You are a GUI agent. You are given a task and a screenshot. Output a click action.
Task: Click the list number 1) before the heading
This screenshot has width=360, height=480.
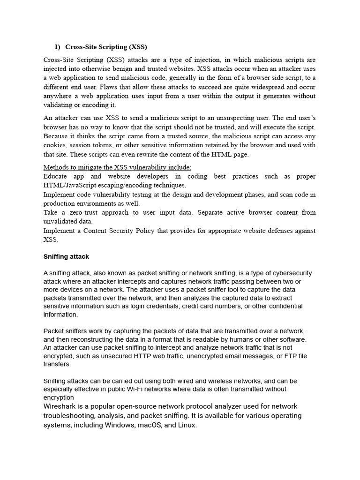[57, 47]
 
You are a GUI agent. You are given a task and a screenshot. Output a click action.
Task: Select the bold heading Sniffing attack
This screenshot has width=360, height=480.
[66, 257]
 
